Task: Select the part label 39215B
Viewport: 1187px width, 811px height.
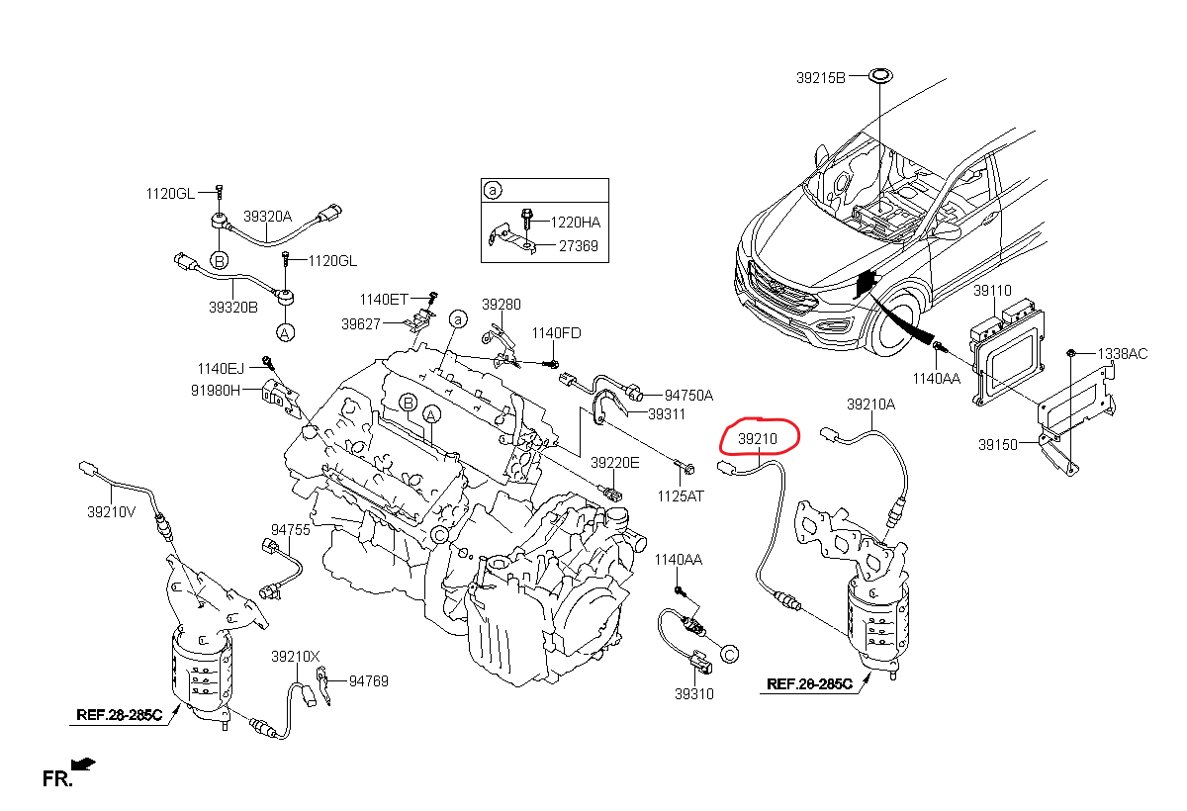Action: click(x=821, y=77)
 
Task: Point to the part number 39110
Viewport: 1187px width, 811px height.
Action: click(x=992, y=292)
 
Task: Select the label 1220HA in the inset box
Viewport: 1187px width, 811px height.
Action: click(x=574, y=223)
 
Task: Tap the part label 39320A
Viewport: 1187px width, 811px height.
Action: click(x=268, y=216)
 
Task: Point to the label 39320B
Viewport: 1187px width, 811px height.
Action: click(x=232, y=308)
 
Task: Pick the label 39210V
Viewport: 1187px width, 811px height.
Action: click(x=111, y=512)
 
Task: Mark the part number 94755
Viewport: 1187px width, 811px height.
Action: click(x=291, y=530)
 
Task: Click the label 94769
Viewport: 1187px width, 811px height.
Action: click(x=368, y=680)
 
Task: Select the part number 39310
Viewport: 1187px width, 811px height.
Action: click(x=694, y=694)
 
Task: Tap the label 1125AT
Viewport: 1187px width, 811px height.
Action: click(x=682, y=496)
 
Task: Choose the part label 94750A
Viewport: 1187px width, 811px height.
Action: click(x=688, y=395)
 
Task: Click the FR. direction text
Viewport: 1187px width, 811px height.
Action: click(x=58, y=780)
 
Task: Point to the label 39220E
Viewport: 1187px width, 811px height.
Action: click(x=615, y=463)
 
